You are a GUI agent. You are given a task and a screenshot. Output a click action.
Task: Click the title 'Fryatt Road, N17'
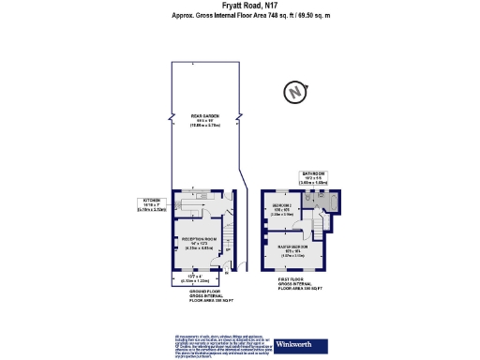239,6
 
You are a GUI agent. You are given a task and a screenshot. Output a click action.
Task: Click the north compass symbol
296,93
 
